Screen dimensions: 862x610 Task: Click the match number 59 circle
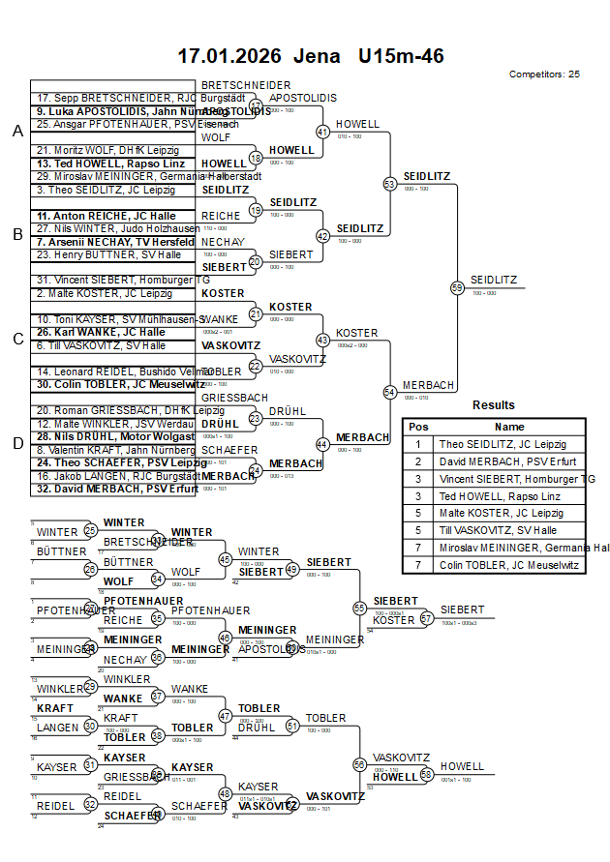click(x=457, y=287)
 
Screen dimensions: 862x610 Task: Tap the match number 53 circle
click(x=390, y=183)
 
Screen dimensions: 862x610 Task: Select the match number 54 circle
click(x=390, y=392)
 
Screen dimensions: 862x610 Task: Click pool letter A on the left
click(x=16, y=132)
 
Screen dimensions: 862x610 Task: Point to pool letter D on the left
click(x=16, y=443)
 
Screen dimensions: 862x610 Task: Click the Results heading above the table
click(x=494, y=405)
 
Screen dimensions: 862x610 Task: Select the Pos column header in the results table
click(x=418, y=427)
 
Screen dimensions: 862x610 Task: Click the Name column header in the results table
click(x=509, y=427)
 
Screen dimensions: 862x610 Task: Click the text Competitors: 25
click(x=544, y=74)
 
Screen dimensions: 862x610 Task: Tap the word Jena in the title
click(x=317, y=56)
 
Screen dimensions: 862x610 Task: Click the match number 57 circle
click(x=426, y=618)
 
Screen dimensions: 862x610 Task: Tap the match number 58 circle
click(x=426, y=775)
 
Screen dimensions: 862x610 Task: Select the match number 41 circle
click(x=322, y=132)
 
